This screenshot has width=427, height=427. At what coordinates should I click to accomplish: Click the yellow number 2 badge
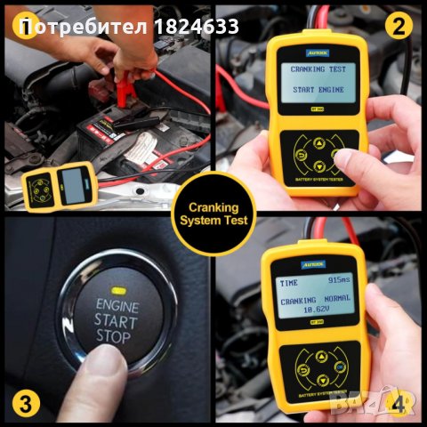[399, 25]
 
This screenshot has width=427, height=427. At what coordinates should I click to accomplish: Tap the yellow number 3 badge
[27, 402]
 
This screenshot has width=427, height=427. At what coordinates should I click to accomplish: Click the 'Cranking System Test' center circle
[213, 213]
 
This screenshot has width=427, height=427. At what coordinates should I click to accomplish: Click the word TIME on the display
[291, 282]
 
